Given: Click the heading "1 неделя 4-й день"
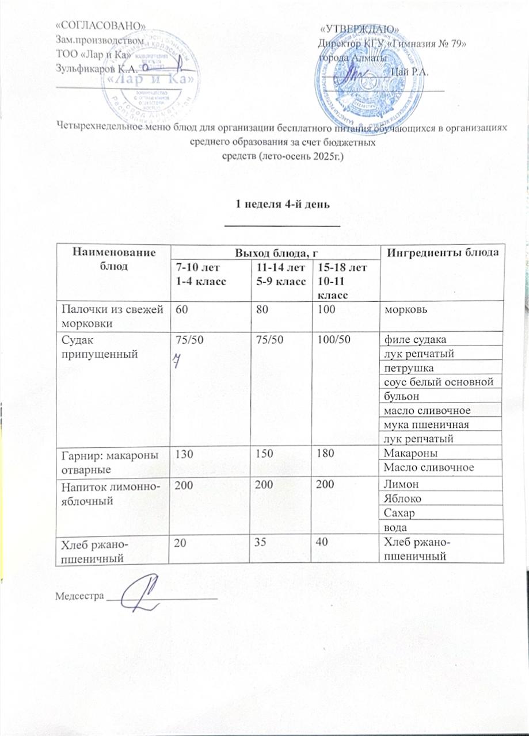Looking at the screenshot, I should tap(283, 205).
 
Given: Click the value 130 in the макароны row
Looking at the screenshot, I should tap(183, 454).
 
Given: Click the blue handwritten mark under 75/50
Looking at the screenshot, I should tap(179, 360).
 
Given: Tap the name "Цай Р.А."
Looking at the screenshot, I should tap(408, 72).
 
